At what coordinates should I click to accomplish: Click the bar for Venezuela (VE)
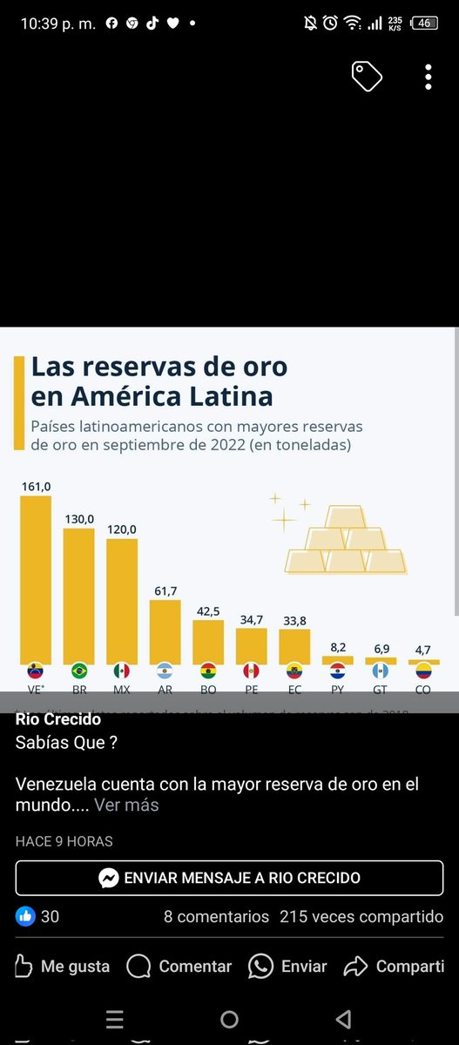(x=36, y=579)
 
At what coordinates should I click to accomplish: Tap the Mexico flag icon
(x=122, y=671)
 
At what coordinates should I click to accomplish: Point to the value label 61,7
(x=165, y=590)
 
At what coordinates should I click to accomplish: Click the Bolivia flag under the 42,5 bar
(x=207, y=671)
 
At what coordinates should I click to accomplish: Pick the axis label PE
(x=251, y=689)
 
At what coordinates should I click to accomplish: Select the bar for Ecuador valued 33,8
(x=294, y=645)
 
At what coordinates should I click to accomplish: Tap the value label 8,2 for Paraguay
(x=337, y=647)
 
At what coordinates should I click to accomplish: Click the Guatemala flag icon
(x=380, y=671)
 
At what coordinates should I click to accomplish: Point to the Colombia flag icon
(x=423, y=671)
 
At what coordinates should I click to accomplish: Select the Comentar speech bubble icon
(x=138, y=966)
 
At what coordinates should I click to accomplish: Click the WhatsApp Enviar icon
(x=260, y=966)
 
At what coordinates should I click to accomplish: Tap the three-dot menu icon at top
(x=429, y=77)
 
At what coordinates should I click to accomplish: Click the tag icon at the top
(x=367, y=77)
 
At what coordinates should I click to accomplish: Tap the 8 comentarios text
(x=216, y=916)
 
